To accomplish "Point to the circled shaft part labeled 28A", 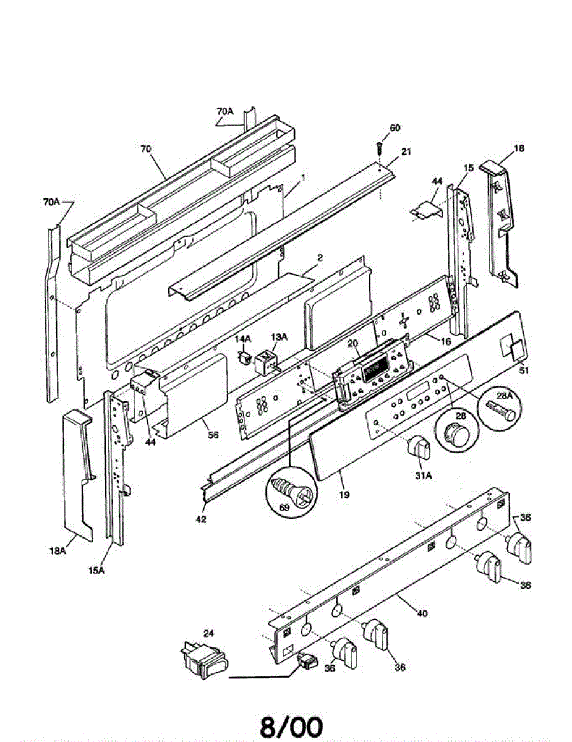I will (500, 409).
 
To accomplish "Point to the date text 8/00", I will (291, 727).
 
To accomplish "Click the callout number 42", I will (200, 519).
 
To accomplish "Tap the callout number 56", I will (213, 435).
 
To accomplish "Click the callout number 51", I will (524, 371).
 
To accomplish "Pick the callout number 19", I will (344, 494).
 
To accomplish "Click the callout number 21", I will (406, 152).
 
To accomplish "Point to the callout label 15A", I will (96, 571).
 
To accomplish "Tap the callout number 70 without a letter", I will (145, 149).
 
